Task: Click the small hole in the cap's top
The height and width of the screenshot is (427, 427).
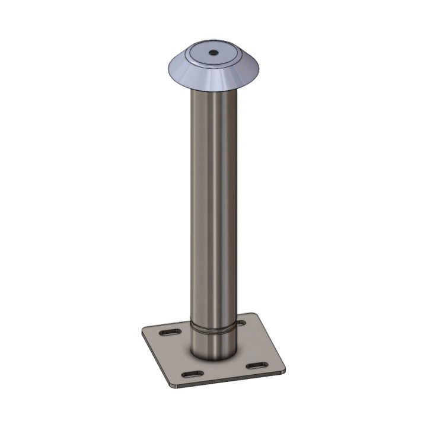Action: [x=212, y=53]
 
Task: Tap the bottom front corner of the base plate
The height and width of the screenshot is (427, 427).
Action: [x=173, y=385]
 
